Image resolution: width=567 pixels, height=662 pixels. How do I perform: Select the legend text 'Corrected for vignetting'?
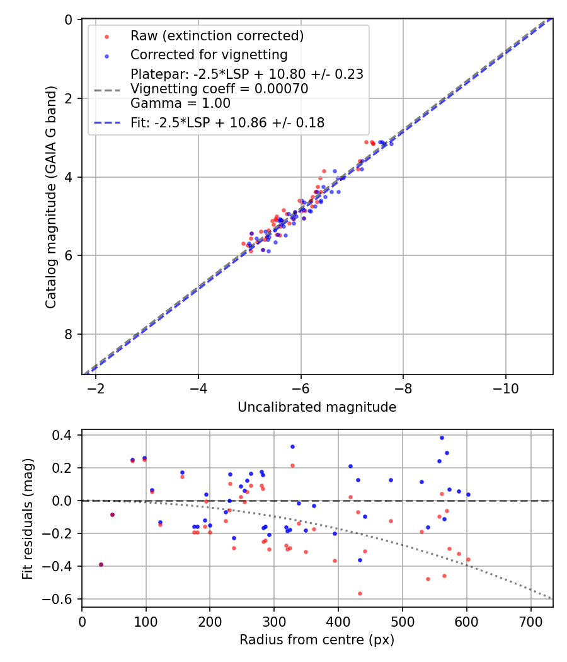[x=209, y=55]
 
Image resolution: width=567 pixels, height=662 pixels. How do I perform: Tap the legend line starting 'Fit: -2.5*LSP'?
[x=227, y=123]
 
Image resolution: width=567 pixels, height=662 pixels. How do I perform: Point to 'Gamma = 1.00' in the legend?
[x=180, y=103]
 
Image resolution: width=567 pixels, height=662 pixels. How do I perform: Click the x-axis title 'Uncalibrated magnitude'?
[x=317, y=407]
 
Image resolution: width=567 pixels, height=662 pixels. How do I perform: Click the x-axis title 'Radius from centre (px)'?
[x=317, y=640]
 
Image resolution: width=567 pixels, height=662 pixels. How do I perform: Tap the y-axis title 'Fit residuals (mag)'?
[x=27, y=519]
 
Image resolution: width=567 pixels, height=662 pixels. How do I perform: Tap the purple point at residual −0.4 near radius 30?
[x=101, y=564]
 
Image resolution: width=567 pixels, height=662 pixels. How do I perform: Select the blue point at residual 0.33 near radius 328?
[x=292, y=446]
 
